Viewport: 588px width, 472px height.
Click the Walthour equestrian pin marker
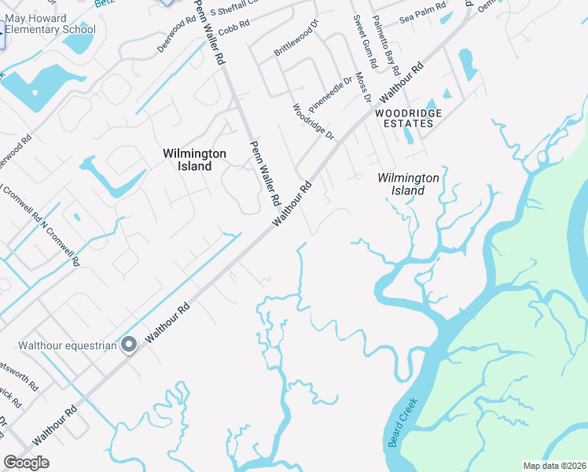(130, 345)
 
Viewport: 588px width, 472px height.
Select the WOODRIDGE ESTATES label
(408, 119)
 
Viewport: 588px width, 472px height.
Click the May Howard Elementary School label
(50, 24)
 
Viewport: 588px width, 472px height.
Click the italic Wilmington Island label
(407, 184)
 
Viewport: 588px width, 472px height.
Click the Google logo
(26, 463)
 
